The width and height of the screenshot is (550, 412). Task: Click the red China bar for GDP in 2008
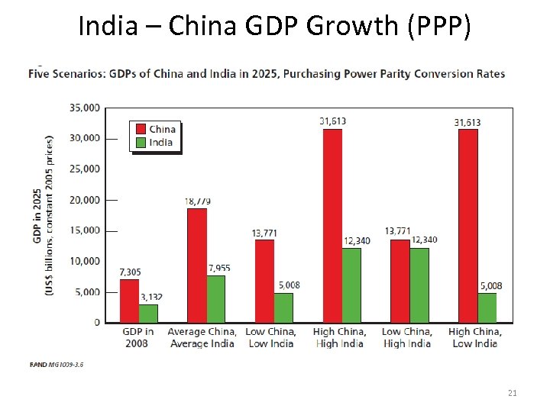(x=129, y=301)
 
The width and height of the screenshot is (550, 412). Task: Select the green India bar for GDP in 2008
(x=148, y=313)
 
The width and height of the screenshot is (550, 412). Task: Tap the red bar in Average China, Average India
(x=197, y=265)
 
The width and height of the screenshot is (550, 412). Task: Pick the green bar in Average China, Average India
(x=216, y=298)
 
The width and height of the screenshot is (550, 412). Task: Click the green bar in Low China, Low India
(x=283, y=307)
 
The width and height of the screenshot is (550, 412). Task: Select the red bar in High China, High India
(x=332, y=226)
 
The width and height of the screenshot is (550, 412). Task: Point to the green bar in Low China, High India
(x=419, y=285)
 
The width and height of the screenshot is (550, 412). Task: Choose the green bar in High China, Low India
(x=487, y=307)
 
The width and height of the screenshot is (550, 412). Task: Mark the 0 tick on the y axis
(x=96, y=323)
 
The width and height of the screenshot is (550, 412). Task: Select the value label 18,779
(x=198, y=201)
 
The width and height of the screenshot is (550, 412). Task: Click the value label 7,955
(x=218, y=268)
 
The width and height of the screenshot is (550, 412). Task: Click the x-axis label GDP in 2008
(x=138, y=337)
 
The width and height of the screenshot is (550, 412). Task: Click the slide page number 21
(x=513, y=393)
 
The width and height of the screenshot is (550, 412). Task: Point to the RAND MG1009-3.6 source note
(x=57, y=365)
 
